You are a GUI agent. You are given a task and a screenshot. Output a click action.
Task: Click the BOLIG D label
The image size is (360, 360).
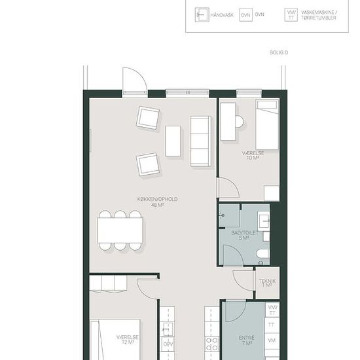coord(279,52)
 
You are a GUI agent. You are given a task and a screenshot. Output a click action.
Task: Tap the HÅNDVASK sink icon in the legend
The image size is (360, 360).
coord(202,14)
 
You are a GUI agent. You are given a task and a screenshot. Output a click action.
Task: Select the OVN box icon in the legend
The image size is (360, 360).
coord(246,15)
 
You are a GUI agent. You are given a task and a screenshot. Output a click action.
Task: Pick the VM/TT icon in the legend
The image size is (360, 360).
coord(291,15)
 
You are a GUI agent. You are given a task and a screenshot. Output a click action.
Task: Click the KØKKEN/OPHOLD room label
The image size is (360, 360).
coord(157,202)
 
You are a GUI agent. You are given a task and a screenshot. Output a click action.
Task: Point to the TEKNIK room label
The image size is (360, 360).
coord(267,283)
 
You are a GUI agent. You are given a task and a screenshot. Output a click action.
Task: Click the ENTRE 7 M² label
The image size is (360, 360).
coord(247,340)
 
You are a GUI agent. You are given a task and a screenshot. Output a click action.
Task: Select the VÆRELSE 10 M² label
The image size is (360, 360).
coord(253,155)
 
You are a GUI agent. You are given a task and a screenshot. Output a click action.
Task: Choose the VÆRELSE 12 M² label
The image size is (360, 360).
coord(128,340)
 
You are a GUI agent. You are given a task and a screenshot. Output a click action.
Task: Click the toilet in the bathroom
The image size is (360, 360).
coord(263,254)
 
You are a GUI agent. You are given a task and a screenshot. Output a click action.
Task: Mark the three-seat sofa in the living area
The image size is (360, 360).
coord(201,141)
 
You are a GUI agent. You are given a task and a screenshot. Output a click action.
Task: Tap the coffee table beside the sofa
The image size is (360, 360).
coord(173,141)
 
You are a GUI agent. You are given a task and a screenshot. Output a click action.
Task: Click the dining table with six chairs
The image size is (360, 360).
coord(120,230)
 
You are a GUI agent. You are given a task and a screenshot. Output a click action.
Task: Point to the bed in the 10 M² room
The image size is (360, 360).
coord(268,125)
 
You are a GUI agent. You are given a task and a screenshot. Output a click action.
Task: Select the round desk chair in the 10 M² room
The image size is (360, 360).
coord(239,121)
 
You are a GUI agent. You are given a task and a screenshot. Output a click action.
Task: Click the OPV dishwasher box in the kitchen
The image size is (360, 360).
coord(168,344)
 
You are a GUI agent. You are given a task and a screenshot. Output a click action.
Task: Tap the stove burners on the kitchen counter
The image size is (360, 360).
coord(211,344)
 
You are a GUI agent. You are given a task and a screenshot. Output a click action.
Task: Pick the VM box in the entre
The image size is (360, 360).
coord(272,340)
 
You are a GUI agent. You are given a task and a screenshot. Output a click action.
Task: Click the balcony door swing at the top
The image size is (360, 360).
coord(135,79)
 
